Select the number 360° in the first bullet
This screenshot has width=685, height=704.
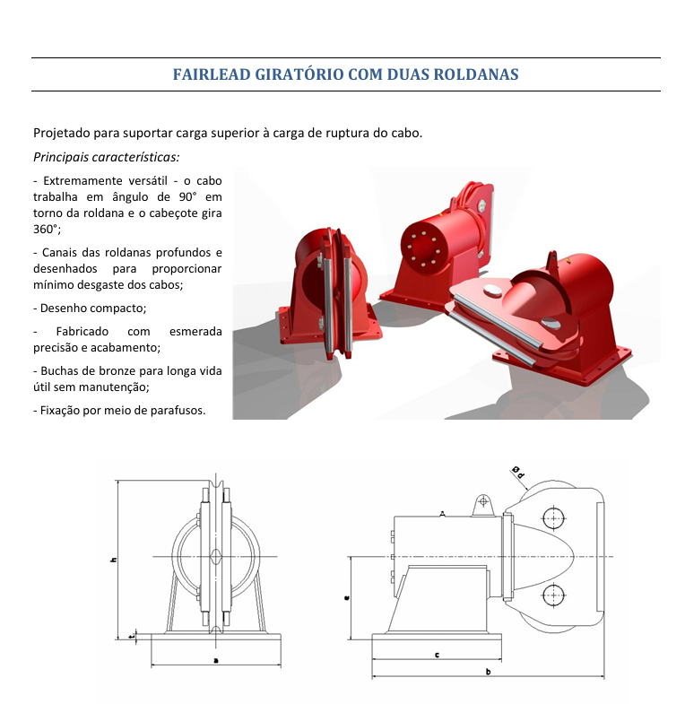pos(47,229)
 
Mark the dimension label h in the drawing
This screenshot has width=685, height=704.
pos(114,560)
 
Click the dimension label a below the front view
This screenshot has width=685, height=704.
pos(216,660)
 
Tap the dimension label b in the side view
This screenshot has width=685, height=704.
pos(489,672)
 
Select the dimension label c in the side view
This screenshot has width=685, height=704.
pos(438,655)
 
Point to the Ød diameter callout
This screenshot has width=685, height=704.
pos(518,473)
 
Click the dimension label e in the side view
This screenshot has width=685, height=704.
pos(347,597)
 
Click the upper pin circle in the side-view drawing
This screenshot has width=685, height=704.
pos(553,518)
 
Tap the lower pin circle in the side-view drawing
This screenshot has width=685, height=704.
pos(553,595)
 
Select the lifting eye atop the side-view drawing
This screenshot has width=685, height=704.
pos(483,505)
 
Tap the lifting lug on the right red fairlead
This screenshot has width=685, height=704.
pos(552,263)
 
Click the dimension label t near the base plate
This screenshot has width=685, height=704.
pos(131,636)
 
